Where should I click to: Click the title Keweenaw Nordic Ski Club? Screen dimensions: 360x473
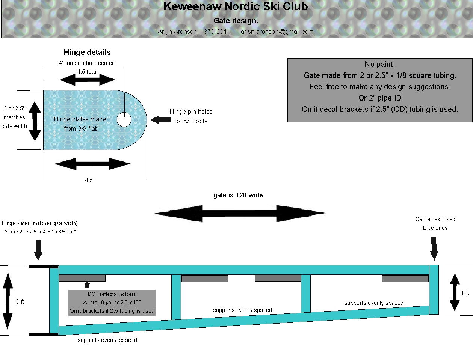point(236,6)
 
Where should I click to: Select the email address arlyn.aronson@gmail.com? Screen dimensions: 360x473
point(277,32)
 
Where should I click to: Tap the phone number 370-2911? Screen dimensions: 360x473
point(217,32)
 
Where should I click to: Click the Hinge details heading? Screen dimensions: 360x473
point(87,52)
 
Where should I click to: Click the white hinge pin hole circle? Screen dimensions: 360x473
point(124,120)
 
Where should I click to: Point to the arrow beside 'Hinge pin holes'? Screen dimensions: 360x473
point(161,120)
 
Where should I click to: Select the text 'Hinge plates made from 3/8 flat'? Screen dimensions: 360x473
point(80,124)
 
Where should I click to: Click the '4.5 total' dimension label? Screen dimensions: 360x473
point(87,72)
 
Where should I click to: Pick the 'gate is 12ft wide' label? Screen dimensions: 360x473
point(238,195)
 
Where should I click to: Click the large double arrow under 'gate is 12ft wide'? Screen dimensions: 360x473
point(239,214)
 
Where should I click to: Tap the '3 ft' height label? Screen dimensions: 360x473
point(20,301)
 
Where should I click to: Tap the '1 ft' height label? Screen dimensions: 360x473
point(465,293)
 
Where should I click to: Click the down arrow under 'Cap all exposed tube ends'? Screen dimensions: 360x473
point(434,249)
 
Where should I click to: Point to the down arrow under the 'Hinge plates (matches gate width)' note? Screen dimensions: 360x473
point(38,250)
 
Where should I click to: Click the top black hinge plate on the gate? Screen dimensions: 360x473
point(44,267)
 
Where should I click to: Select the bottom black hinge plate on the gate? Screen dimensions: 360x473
point(44,334)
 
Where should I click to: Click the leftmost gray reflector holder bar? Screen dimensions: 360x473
point(82,278)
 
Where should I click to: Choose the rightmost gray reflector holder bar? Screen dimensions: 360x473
point(405,279)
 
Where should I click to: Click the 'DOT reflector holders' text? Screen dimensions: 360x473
point(112,294)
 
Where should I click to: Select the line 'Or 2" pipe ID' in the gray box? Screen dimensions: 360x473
point(380,98)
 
